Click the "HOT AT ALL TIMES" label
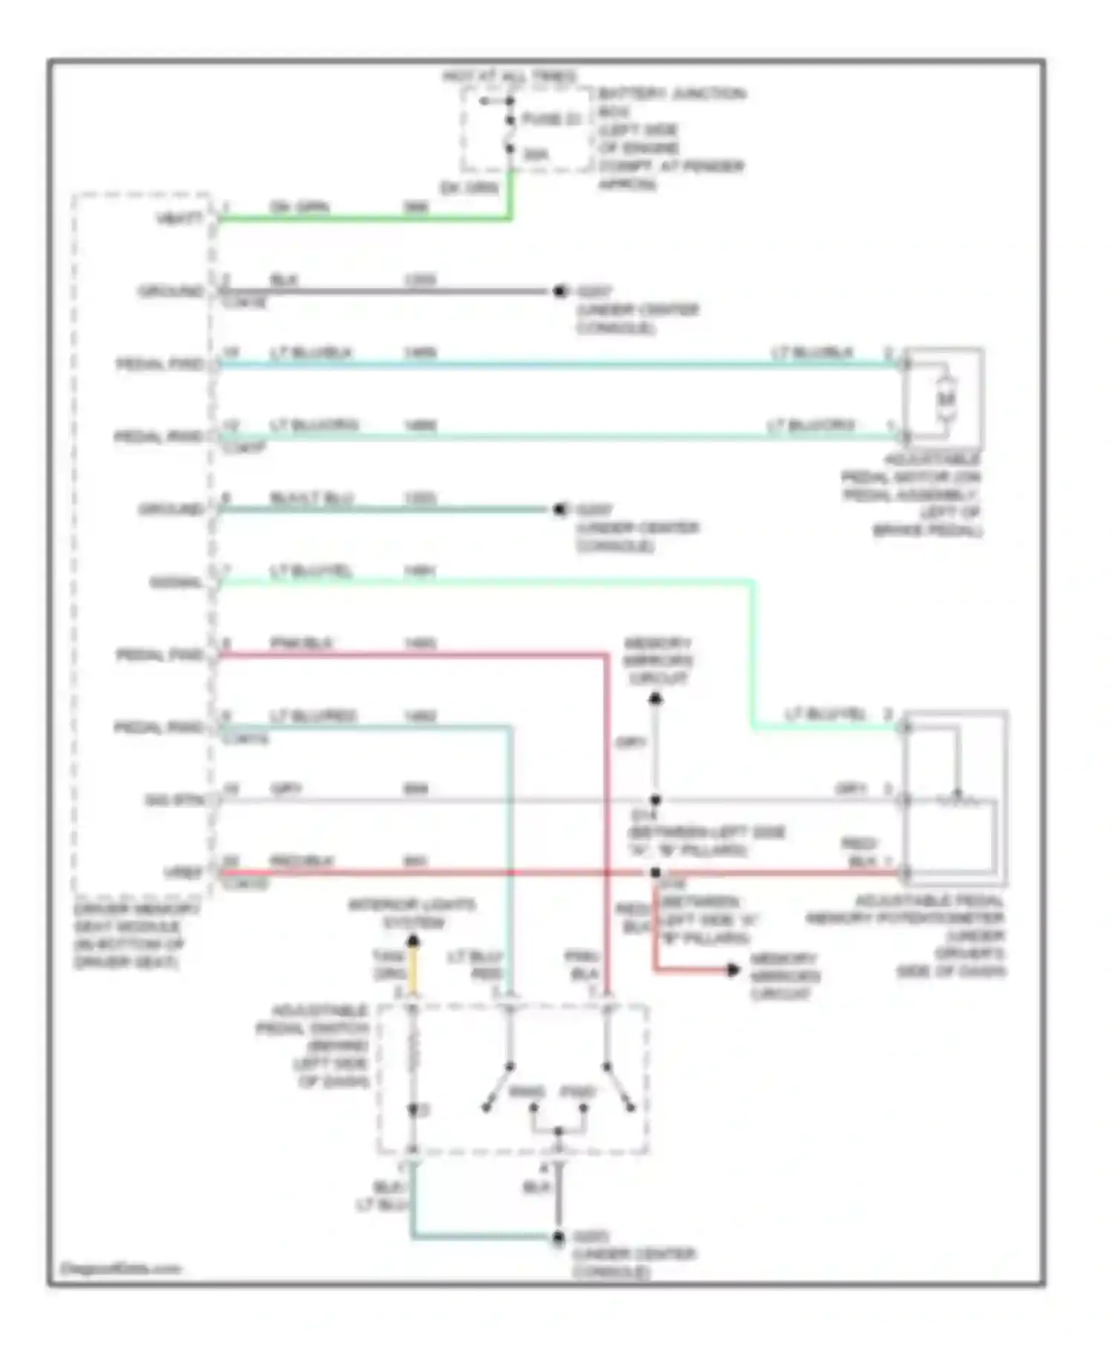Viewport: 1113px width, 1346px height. (x=509, y=76)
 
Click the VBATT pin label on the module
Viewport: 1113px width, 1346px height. (x=179, y=219)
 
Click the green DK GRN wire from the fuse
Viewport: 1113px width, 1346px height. (x=364, y=219)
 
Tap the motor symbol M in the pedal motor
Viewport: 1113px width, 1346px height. (x=945, y=399)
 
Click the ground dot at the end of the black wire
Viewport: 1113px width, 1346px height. (x=560, y=292)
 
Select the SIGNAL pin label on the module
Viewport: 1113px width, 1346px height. (x=176, y=582)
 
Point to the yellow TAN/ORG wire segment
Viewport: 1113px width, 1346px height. (x=413, y=972)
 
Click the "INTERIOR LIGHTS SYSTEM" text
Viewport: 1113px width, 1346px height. (x=413, y=914)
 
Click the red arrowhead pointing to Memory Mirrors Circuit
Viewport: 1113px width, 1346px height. (x=733, y=970)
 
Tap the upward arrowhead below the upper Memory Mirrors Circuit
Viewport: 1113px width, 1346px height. (x=655, y=699)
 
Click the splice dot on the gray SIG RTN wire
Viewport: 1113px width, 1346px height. (x=655, y=801)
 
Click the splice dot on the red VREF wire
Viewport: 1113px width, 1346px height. (x=655, y=873)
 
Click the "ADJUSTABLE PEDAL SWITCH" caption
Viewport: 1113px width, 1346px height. (x=319, y=1045)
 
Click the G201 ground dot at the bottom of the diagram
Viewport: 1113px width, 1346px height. (x=559, y=1237)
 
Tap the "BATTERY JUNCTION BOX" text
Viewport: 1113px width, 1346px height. (x=670, y=102)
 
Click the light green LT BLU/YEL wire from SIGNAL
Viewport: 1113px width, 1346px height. (x=482, y=582)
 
